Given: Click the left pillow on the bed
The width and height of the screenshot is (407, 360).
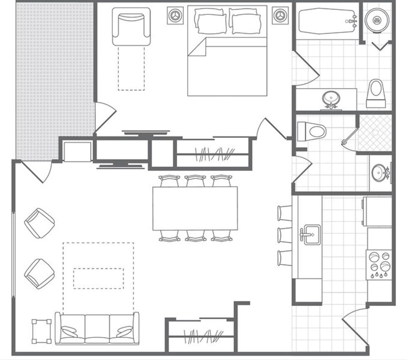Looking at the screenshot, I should tap(210, 20).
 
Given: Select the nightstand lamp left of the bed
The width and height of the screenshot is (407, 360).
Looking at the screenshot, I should tap(175, 16).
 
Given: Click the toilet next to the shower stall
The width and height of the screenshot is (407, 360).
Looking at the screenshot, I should tap(312, 131).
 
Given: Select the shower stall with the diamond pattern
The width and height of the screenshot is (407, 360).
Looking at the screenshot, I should tap(375, 132).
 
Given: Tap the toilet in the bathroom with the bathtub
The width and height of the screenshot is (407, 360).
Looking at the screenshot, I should tap(376, 93).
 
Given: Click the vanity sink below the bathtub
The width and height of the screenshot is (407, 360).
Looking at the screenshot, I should tap(330, 99).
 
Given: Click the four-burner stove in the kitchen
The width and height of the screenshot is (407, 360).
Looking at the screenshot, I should tap(379, 265).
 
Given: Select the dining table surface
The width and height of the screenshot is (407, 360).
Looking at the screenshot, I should tap(195, 208).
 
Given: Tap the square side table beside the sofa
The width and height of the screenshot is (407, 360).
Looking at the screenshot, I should tap(42, 331).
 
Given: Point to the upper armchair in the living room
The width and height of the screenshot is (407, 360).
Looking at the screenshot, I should tap(39, 223).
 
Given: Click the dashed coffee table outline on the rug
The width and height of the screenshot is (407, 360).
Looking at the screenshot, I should tap(98, 278).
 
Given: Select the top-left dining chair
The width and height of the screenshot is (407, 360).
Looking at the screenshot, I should tap(169, 181).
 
